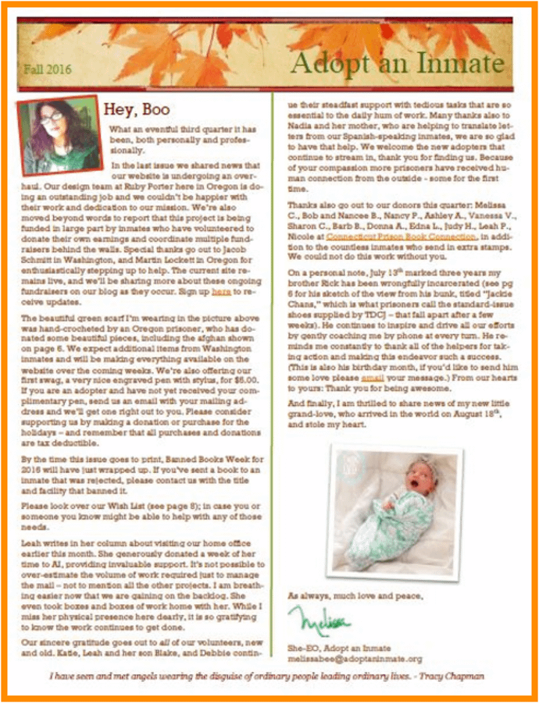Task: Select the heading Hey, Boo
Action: coord(137,109)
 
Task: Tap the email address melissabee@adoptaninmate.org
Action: coord(355,659)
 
